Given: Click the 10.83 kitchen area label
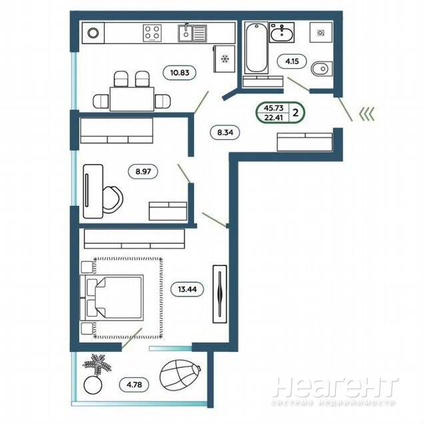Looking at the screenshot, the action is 179,73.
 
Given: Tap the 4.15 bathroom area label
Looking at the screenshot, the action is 292,61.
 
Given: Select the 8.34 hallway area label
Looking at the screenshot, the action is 225,132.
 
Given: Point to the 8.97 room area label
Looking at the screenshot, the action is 143,171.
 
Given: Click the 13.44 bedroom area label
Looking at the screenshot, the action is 187,289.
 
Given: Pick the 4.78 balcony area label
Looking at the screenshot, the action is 134,384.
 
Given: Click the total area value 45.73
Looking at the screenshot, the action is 273,108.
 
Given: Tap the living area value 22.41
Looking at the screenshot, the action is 273,117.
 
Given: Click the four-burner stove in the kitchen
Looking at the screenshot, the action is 152,33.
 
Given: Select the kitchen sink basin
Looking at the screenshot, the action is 186,33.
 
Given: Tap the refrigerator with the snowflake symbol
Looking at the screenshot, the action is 224,59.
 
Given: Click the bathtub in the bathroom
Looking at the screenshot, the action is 257,48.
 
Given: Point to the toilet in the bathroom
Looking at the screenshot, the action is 322,69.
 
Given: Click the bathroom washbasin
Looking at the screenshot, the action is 282,33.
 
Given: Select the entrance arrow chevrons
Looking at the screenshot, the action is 367,114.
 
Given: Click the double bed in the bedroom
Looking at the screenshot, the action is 112,298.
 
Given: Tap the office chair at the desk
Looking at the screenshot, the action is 113,200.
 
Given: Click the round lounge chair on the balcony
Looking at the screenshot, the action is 180,375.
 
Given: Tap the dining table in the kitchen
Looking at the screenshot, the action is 132,99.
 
